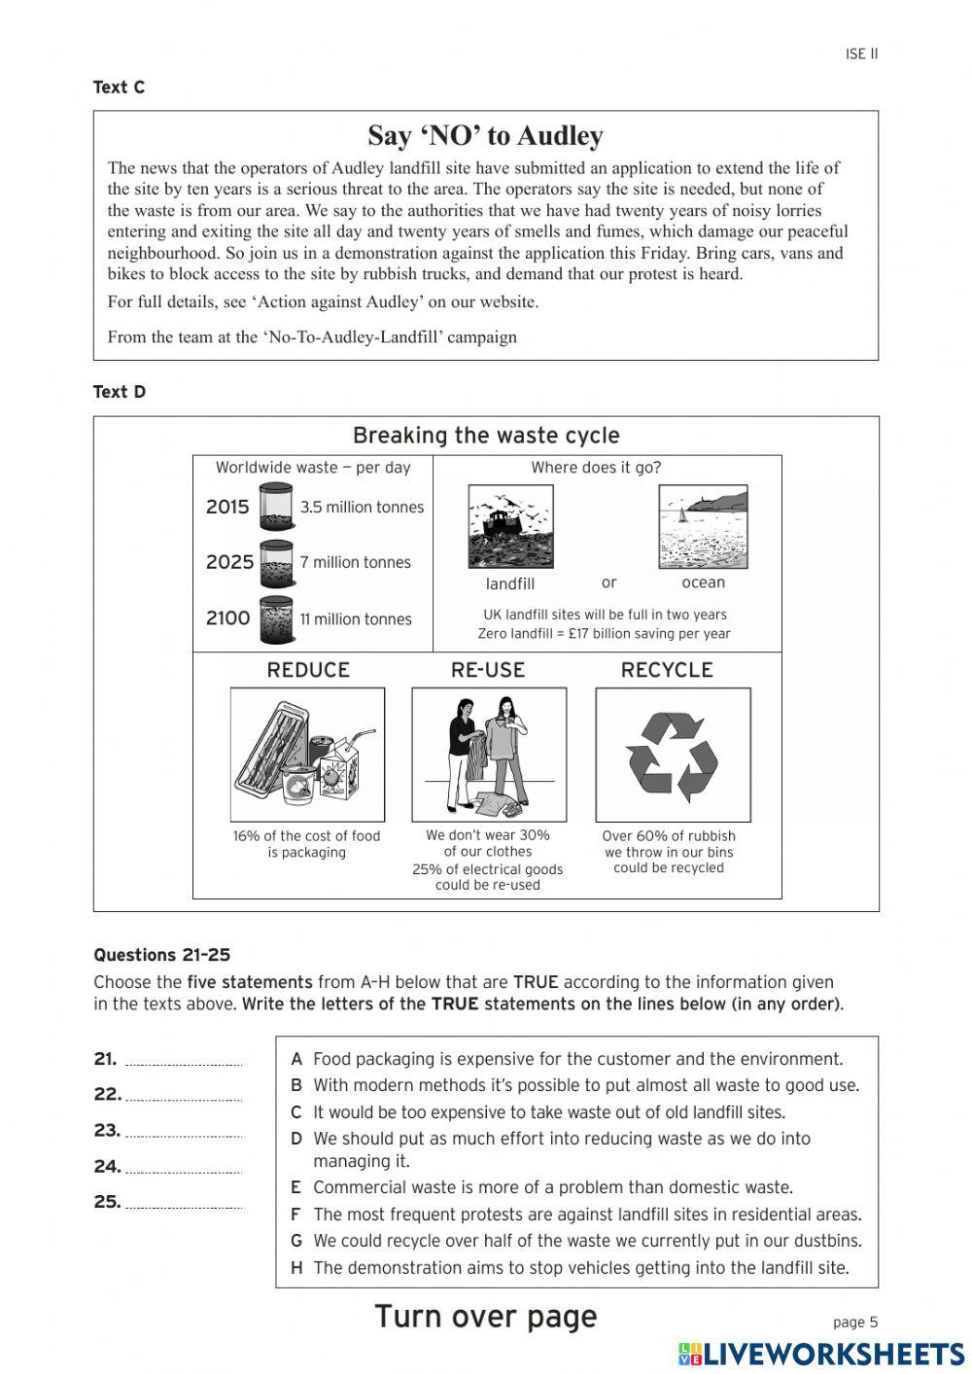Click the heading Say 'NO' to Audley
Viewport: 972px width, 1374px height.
coord(485,136)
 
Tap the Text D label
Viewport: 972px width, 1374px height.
coord(119,392)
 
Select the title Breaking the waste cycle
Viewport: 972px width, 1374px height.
coord(485,436)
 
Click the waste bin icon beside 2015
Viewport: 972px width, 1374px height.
coord(276,507)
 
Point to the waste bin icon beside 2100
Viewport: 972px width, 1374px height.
coord(276,619)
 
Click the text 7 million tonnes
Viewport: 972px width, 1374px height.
coord(355,562)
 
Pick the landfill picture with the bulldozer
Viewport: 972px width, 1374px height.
coord(510,527)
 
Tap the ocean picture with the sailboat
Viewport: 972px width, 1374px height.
coord(703,527)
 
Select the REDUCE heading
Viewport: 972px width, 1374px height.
coord(308,670)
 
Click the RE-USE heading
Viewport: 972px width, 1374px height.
coord(488,670)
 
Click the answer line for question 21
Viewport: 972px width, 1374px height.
coord(184,1063)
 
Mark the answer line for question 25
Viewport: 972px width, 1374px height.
coord(184,1206)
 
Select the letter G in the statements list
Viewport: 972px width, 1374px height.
coord(295,1241)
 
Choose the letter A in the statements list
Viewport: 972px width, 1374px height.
coord(296,1059)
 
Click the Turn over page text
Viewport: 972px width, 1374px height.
coord(485,1317)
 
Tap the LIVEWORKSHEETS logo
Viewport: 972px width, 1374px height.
coord(821,1354)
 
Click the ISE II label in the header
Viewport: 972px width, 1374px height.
coord(861,54)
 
